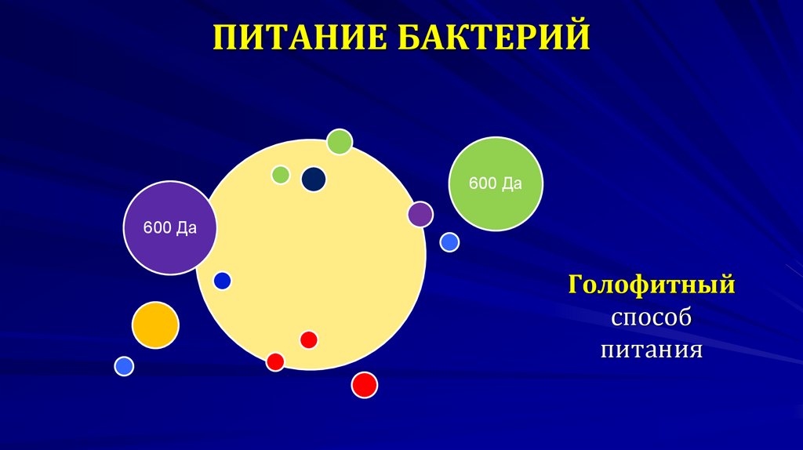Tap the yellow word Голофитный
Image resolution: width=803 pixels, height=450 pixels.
click(652, 284)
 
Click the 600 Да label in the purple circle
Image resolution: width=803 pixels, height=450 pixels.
click(169, 229)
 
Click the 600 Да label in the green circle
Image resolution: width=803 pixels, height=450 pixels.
click(496, 183)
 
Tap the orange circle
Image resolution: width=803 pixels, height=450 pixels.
click(155, 325)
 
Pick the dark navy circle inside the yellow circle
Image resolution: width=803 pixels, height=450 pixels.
click(314, 179)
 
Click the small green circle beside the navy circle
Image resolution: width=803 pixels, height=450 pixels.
click(281, 174)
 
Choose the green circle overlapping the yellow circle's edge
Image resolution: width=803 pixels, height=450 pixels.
click(340, 142)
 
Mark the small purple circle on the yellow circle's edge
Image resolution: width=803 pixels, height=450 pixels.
click(420, 214)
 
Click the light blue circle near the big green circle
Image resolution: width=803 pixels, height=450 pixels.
click(449, 242)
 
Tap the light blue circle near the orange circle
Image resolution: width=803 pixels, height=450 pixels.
click(124, 365)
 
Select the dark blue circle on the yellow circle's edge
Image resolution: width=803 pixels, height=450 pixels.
click(223, 280)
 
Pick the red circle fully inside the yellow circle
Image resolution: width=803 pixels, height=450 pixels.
click(309, 339)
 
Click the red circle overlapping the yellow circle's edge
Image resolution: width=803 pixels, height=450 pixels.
click(275, 361)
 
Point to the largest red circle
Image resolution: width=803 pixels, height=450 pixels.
click(364, 385)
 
